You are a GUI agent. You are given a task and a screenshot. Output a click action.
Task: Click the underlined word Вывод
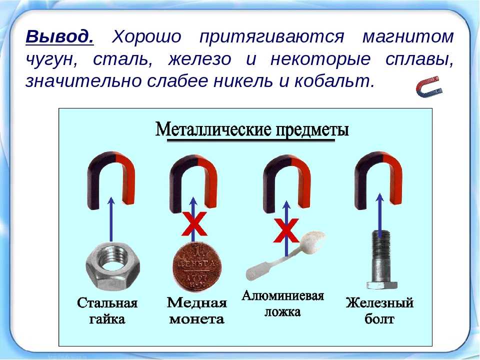[59, 36]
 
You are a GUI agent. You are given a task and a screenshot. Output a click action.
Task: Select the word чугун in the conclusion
[51, 60]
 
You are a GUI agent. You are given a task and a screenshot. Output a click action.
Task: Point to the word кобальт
[334, 81]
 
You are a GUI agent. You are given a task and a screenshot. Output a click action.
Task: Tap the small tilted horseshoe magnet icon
[429, 87]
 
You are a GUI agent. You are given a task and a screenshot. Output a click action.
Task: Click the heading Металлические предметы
[252, 130]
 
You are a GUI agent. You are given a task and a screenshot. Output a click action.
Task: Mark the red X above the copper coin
[194, 224]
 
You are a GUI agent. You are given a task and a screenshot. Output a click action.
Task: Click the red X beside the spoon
[286, 230]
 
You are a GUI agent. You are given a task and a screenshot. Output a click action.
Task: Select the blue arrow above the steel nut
[111, 219]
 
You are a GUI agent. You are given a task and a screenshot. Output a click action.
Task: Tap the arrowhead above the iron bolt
[380, 197]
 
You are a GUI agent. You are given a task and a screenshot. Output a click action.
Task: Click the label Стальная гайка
[107, 310]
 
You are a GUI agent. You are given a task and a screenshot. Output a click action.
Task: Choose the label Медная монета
[197, 310]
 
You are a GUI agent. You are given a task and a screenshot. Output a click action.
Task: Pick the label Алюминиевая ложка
[282, 303]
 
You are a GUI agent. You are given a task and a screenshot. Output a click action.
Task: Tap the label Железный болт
[379, 310]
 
